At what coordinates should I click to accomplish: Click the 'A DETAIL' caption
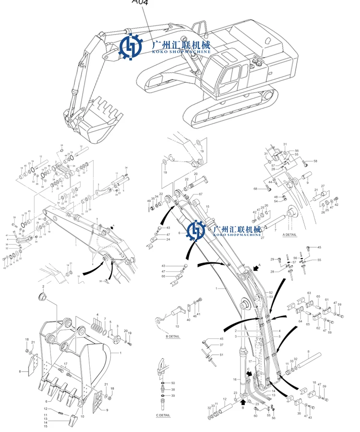[289, 235]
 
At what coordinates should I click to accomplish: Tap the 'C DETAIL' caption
[163, 415]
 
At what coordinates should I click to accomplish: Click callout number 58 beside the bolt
[315, 161]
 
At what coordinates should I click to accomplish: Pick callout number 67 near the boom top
[201, 194]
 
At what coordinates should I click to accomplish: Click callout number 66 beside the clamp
[163, 276]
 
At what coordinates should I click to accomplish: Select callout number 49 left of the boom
[149, 201]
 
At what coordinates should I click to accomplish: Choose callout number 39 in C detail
[173, 396]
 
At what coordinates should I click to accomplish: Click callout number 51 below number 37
[221, 355]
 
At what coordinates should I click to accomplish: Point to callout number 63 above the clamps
[310, 293]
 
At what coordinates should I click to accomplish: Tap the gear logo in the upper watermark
[132, 47]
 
